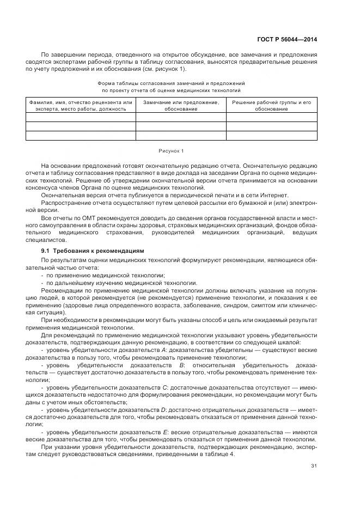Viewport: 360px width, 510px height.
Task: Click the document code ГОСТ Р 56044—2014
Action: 286,39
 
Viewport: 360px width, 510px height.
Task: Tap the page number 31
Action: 314,465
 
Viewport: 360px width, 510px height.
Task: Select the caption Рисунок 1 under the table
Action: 171,150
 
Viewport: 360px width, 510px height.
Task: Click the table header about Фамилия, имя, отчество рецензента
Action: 81,105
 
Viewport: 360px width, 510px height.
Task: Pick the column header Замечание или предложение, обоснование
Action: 181,105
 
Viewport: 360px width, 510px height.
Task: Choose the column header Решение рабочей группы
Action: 271,105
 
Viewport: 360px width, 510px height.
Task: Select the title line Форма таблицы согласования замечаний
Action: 171,83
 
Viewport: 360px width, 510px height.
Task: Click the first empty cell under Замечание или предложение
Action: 181,117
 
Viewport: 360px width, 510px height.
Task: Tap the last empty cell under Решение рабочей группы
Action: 271,136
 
